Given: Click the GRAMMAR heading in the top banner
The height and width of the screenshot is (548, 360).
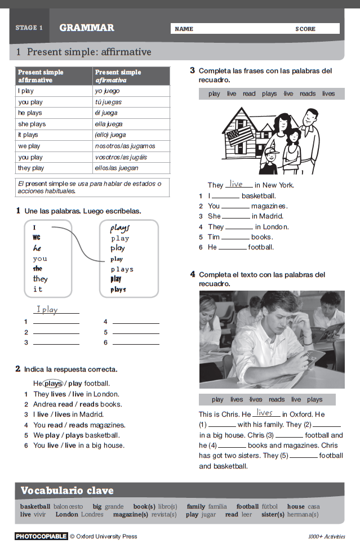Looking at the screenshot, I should coord(86,28).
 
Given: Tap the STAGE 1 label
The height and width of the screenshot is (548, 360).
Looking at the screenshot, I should coord(29,28).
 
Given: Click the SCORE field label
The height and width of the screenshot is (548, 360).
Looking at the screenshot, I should coord(305,29).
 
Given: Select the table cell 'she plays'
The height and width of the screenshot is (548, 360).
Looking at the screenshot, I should coord(32,124).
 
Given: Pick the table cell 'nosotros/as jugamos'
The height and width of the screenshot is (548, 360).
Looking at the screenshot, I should coord(125,146).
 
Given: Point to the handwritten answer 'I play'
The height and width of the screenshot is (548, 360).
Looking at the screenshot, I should coord(47,309).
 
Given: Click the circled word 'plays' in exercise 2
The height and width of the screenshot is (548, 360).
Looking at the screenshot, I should coord(53,384).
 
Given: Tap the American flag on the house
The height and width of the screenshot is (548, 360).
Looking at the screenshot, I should coord(239,135).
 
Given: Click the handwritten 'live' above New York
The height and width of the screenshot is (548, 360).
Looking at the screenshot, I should coord(236,184).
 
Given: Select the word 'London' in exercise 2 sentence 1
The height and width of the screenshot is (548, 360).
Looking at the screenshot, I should coord(106,394).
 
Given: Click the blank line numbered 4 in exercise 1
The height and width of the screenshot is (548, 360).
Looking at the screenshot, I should coord(136,322).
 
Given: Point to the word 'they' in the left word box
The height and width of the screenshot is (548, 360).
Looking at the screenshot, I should coord(40,279).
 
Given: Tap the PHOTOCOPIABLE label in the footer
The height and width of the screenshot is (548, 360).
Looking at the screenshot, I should coord(41,536).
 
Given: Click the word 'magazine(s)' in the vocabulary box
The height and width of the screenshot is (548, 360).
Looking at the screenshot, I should coord(130,514).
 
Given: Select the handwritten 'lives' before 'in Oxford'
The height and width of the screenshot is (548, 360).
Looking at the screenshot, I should coord(264,413).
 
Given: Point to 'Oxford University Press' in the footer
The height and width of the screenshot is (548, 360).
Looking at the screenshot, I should coord(106,536).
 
